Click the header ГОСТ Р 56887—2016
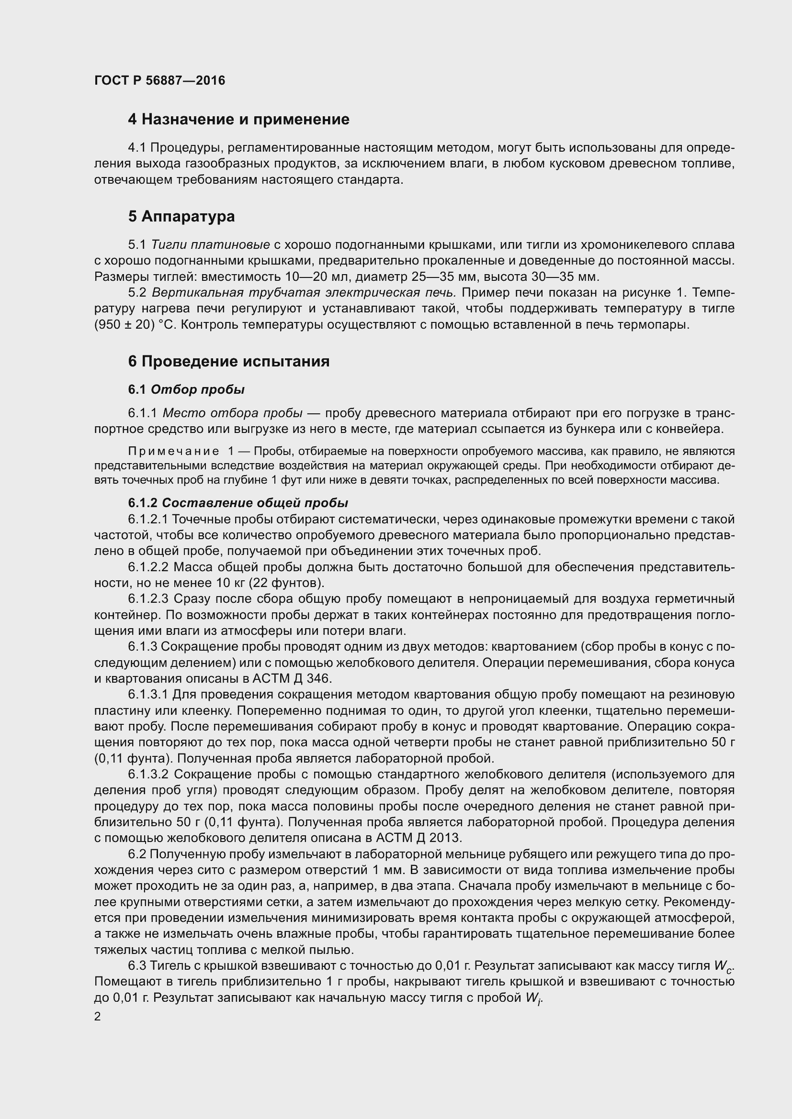tap(159, 80)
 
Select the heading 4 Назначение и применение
tap(238, 120)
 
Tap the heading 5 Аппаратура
tap(181, 216)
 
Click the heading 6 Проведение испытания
tap(229, 361)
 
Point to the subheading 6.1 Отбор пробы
tap(186, 389)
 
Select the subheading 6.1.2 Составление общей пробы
tap(238, 502)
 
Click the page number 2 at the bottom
tap(98, 1017)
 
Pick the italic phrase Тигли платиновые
tap(211, 244)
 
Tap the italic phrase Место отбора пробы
tap(232, 413)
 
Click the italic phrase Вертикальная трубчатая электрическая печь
tap(304, 293)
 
